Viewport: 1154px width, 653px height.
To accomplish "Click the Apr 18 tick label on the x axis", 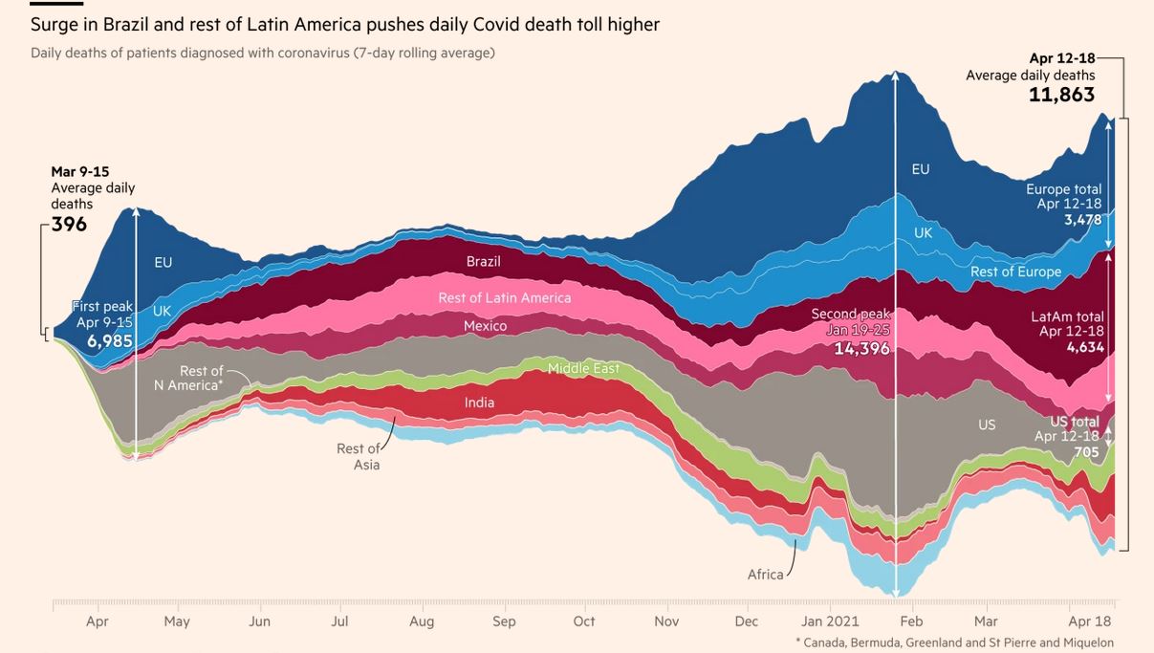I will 1091,621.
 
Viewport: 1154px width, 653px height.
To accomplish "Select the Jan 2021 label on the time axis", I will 829,621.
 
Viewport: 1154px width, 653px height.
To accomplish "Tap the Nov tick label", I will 666,621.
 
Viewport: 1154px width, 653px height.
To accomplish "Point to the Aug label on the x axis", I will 422,621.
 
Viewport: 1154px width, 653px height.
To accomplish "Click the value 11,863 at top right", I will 1061,95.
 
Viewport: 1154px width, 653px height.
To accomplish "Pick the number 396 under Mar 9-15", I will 69,225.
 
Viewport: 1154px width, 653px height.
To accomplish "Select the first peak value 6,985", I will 110,341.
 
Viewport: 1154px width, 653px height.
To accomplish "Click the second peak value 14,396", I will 861,349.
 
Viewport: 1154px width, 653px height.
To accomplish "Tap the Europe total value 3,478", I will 1083,220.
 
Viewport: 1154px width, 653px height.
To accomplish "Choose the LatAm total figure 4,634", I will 1085,347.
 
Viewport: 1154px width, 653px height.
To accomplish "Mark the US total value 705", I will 1086,452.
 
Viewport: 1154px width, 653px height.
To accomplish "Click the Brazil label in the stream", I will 483,261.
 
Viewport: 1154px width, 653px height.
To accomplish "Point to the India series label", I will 480,403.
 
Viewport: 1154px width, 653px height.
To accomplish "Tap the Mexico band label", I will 485,326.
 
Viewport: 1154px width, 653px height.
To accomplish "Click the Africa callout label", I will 765,575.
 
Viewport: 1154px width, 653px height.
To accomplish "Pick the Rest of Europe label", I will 1015,272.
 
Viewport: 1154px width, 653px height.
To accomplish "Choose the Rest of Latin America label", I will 504,297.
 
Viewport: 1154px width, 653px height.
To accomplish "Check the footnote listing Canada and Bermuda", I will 954,642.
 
